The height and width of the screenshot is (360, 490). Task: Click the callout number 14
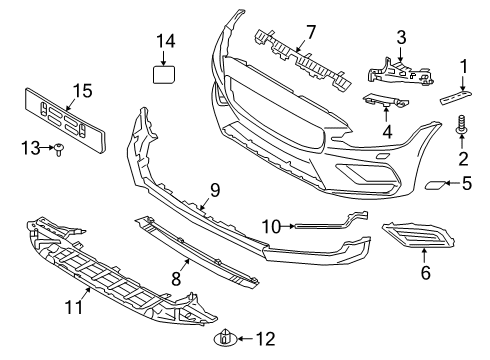tap(164, 41)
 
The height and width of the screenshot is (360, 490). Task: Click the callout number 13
tap(28, 148)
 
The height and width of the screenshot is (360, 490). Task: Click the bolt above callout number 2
tap(463, 126)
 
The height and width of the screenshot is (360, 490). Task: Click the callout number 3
tap(400, 38)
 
